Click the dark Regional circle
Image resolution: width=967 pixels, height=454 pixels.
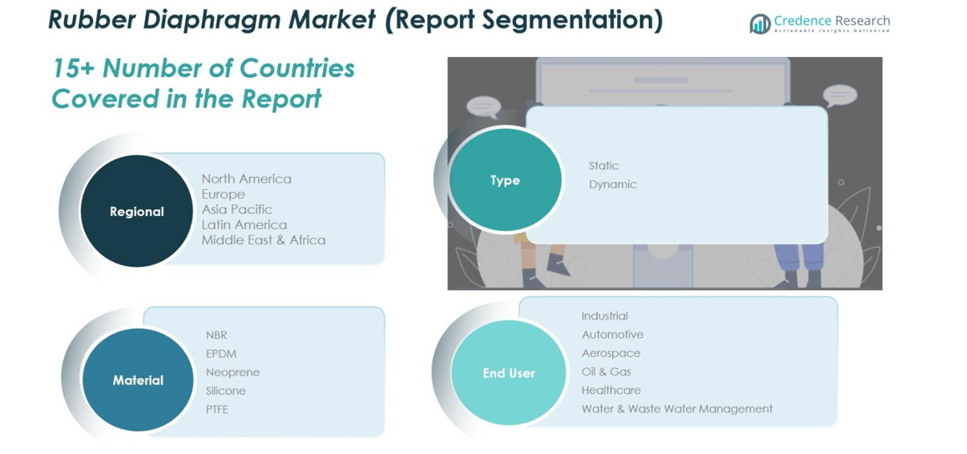point(137,211)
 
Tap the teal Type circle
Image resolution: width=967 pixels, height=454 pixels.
point(505,179)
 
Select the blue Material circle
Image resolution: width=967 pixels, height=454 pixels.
point(138,380)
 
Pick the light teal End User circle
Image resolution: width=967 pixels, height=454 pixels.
point(509,373)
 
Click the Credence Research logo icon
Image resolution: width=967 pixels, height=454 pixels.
point(759,23)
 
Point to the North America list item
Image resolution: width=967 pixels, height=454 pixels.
point(247,179)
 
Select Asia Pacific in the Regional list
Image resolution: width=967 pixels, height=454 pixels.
point(237,209)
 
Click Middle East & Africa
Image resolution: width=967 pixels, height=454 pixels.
point(264,240)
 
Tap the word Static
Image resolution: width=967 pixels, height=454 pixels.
point(603,166)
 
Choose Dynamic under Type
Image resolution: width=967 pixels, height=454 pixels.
point(613,184)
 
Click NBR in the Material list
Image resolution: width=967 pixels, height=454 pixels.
point(216,335)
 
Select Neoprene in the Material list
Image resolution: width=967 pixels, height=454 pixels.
point(232,372)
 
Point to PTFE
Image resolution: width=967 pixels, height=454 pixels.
point(216,409)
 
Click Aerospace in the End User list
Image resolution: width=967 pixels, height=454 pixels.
point(610,353)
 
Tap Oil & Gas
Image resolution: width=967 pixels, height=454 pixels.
point(606,372)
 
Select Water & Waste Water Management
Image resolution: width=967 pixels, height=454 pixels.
point(677,408)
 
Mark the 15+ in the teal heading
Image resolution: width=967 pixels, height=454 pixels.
point(73,68)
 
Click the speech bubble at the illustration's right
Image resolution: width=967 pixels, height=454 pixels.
point(840,96)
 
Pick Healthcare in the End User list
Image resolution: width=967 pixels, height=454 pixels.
point(610,390)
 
